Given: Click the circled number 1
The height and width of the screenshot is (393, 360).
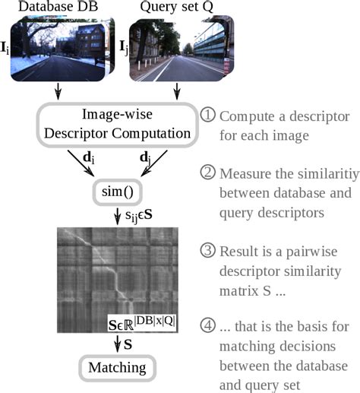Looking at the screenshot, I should pos(209,115).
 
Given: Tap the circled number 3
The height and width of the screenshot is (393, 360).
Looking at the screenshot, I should pos(209,252).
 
